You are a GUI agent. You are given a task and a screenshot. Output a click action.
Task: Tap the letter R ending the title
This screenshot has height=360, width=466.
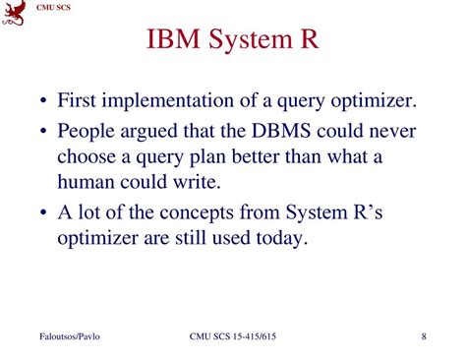[x=310, y=41]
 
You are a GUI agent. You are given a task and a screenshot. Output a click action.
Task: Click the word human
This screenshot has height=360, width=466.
[x=87, y=183]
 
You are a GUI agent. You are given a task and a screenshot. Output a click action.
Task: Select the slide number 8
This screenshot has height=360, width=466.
[x=424, y=338]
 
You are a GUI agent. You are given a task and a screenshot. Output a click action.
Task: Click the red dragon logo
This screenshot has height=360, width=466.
[x=15, y=13]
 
